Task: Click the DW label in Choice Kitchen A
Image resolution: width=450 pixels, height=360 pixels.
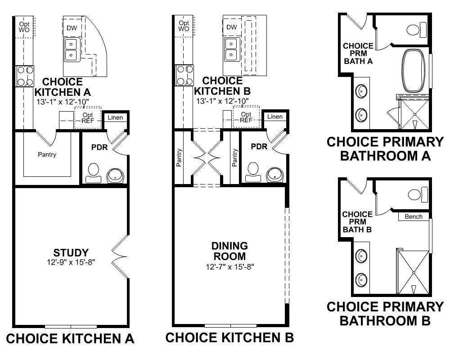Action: pos(72,28)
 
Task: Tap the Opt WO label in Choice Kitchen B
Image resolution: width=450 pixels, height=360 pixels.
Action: pos(184,26)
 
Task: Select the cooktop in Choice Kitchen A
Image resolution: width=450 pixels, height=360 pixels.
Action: pos(25,76)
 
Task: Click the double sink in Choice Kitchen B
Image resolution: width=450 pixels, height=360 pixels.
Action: pos(231,49)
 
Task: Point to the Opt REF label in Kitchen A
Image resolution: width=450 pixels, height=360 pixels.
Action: pos(88,118)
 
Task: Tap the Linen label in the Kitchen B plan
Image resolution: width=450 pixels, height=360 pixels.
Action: pos(275,117)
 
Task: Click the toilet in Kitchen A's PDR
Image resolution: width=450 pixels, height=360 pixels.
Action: pos(94,173)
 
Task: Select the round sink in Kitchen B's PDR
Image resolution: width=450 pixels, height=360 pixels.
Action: pos(275,175)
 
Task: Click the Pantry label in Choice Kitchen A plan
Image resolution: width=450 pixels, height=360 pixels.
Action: pos(47,154)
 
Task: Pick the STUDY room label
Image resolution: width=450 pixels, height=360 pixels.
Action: pos(71,252)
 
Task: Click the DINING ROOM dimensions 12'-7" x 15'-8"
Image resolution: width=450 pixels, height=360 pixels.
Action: pos(230,267)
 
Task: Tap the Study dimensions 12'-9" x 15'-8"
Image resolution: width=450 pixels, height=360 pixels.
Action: pos(71,262)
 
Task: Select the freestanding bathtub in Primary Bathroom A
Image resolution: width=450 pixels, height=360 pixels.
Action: pos(414,71)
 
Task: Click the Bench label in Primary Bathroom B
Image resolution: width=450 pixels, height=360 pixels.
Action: pos(414,217)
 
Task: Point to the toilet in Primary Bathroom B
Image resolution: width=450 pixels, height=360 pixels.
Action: pos(418,195)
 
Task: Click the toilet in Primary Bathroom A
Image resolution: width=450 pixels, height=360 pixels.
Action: pos(417,29)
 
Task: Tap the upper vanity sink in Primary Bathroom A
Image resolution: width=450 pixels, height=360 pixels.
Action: pos(361,92)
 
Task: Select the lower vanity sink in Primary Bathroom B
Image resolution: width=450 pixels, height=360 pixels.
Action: pos(361,280)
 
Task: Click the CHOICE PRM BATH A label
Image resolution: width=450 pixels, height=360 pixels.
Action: pos(358,54)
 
